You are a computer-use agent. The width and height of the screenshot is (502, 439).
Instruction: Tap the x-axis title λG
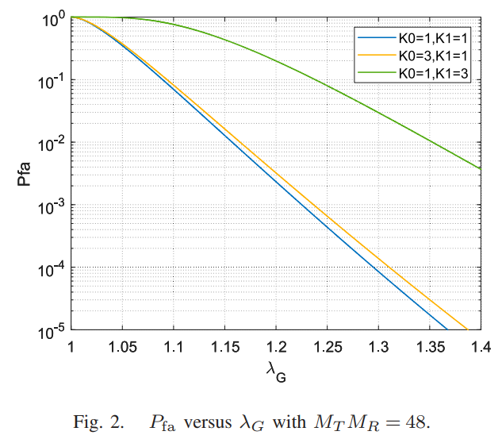tap(275, 370)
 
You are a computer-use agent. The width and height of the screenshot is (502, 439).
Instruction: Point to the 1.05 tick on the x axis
tap(122, 346)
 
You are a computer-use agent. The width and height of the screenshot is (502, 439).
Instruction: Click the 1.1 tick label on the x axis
tap(174, 346)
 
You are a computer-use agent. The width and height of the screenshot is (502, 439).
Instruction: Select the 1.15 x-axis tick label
tap(224, 346)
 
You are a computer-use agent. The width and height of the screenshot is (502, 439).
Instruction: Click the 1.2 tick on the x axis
tap(275, 346)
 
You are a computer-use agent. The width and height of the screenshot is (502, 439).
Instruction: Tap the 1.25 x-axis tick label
tap(327, 346)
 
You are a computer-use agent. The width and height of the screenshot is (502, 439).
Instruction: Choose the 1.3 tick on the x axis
tap(377, 346)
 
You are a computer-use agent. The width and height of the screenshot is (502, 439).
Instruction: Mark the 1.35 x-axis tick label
tap(429, 346)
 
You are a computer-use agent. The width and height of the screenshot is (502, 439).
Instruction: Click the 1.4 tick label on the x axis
tap(479, 346)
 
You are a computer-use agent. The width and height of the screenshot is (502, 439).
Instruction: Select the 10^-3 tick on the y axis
tap(52, 205)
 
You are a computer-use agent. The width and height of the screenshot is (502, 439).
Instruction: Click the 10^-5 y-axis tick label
tap(52, 329)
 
